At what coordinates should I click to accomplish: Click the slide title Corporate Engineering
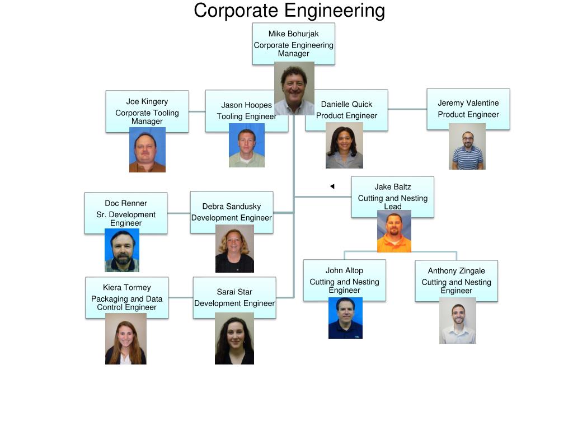click(x=289, y=11)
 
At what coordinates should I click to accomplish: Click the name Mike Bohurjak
click(x=293, y=34)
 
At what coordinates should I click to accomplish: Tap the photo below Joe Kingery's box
click(x=147, y=149)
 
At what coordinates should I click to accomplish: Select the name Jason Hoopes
click(x=246, y=105)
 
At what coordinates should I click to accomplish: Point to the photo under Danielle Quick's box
click(x=344, y=145)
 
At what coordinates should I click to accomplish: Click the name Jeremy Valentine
click(x=468, y=103)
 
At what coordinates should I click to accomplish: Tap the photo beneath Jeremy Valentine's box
click(x=467, y=146)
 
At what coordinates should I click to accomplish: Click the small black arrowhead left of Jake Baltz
click(x=332, y=186)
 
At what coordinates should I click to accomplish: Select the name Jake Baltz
click(x=392, y=187)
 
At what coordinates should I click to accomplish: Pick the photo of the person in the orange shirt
click(x=394, y=231)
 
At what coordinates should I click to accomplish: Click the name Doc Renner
click(x=126, y=203)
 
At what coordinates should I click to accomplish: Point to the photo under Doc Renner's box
click(x=122, y=250)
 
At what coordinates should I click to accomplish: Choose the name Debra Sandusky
click(x=231, y=207)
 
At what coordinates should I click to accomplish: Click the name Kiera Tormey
click(x=126, y=288)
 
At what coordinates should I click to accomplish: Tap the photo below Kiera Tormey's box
click(x=126, y=339)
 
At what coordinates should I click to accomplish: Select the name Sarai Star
click(x=234, y=292)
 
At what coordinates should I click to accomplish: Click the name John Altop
click(x=344, y=271)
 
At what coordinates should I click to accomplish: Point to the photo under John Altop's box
click(x=345, y=318)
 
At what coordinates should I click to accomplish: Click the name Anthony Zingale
click(x=456, y=271)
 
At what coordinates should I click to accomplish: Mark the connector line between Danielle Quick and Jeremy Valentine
click(x=407, y=109)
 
